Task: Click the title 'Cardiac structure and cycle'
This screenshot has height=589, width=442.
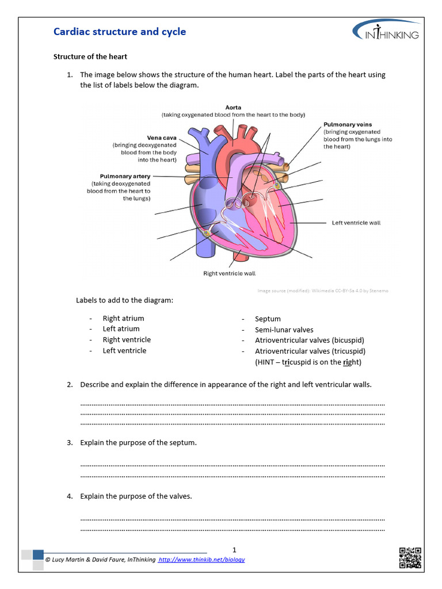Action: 120,32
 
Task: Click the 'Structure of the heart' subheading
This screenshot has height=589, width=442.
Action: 90,57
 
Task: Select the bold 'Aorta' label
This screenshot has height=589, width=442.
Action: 233,108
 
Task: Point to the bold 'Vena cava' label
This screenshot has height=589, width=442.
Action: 162,137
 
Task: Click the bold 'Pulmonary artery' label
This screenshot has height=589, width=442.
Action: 125,176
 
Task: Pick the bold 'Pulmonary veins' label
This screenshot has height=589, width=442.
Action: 348,124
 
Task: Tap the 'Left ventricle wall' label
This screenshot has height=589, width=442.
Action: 356,223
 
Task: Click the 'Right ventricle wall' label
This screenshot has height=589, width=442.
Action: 229,273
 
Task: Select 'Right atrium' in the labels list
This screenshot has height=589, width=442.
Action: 123,318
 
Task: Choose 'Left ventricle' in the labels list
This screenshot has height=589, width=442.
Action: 124,350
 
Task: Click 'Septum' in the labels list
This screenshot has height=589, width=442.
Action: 268,319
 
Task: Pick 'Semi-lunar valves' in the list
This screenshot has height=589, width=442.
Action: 284,330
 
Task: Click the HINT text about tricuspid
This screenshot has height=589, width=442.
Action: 308,362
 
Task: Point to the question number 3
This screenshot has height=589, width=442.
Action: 70,443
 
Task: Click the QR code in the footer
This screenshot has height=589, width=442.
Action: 410,558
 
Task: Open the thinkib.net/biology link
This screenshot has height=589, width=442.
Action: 201,560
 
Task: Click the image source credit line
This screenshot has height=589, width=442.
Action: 322,291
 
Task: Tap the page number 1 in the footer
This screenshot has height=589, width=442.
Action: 234,549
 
